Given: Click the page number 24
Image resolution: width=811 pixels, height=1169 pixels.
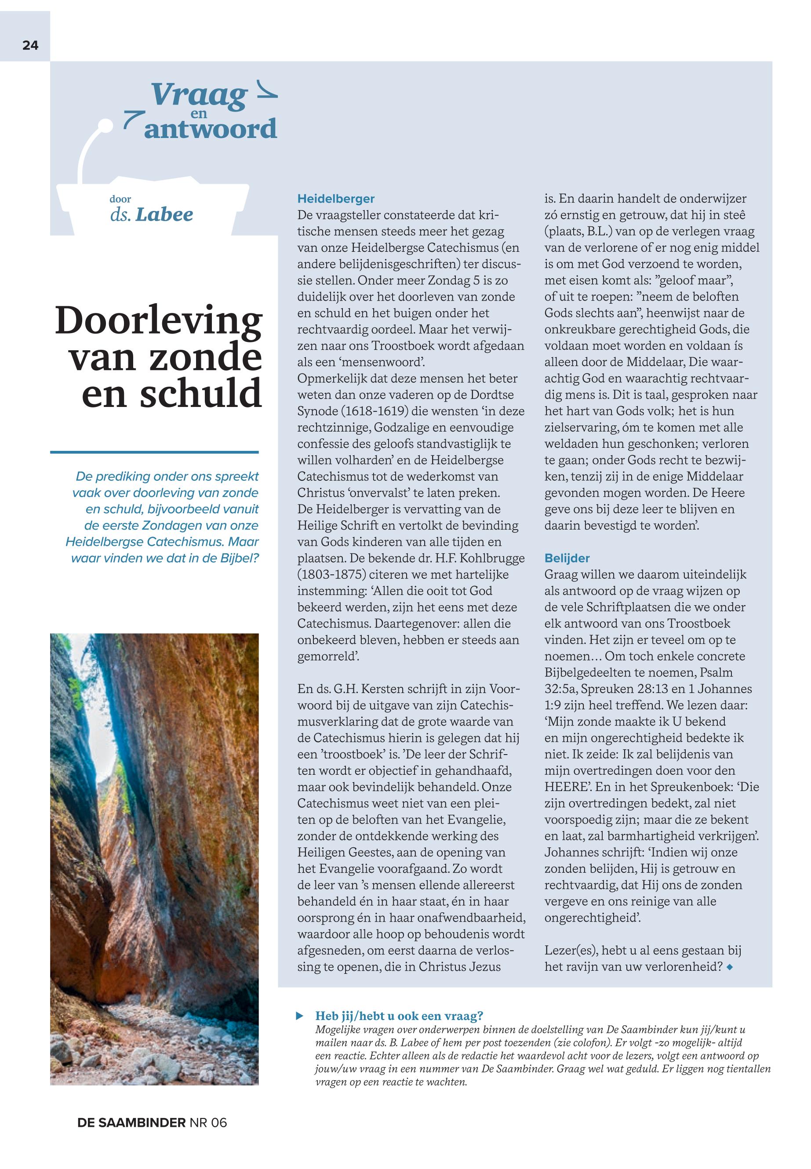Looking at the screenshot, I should (30, 45).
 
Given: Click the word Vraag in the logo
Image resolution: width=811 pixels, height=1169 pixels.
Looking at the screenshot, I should (199, 94).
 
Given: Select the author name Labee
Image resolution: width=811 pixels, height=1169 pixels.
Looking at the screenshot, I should (165, 214).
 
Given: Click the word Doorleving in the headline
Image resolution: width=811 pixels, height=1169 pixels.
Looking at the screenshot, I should (159, 320).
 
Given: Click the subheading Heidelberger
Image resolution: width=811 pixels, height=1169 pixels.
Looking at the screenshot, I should (336, 199).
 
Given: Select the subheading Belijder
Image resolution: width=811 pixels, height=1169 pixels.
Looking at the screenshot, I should (567, 558).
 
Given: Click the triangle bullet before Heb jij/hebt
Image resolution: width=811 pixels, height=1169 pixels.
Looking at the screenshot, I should (300, 1016).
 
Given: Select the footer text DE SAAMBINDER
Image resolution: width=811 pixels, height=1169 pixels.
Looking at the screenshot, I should (131, 1137).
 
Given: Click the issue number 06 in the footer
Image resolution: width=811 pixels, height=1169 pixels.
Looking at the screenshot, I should (218, 1137).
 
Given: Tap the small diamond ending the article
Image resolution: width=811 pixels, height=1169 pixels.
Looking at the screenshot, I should (730, 967).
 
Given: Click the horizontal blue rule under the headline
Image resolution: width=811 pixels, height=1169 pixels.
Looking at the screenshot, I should (154, 452).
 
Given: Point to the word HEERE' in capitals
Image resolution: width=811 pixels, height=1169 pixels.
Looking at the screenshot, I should (567, 787).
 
